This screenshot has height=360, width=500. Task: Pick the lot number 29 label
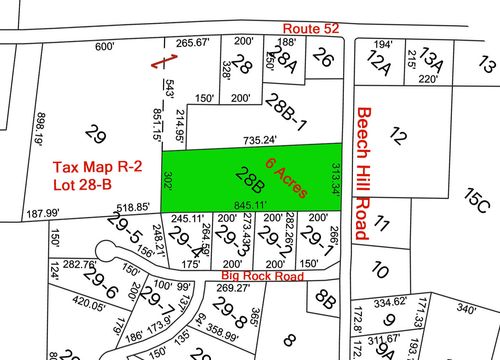96,132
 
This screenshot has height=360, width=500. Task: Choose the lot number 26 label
322,59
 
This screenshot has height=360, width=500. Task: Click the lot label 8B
324,297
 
